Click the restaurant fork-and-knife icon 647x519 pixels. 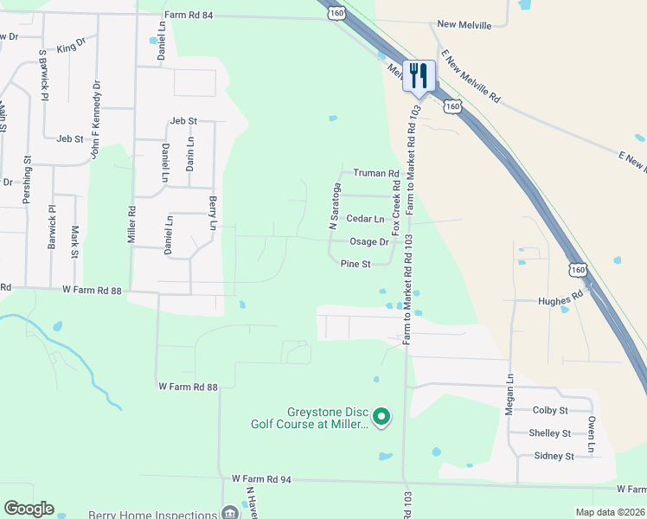[418, 74]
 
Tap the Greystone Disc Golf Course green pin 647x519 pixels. [383, 419]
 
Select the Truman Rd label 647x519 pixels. [375, 174]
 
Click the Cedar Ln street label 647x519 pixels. [365, 219]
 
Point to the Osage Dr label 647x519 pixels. [368, 242]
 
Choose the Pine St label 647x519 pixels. [356, 264]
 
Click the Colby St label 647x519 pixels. [550, 410]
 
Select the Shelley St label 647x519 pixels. [550, 433]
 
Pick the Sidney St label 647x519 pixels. [554, 456]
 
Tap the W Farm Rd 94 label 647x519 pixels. [260, 478]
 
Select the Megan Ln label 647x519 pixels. [509, 394]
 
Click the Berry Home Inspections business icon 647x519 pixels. [230, 511]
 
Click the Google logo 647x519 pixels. [29, 509]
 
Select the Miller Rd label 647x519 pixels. [132, 223]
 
